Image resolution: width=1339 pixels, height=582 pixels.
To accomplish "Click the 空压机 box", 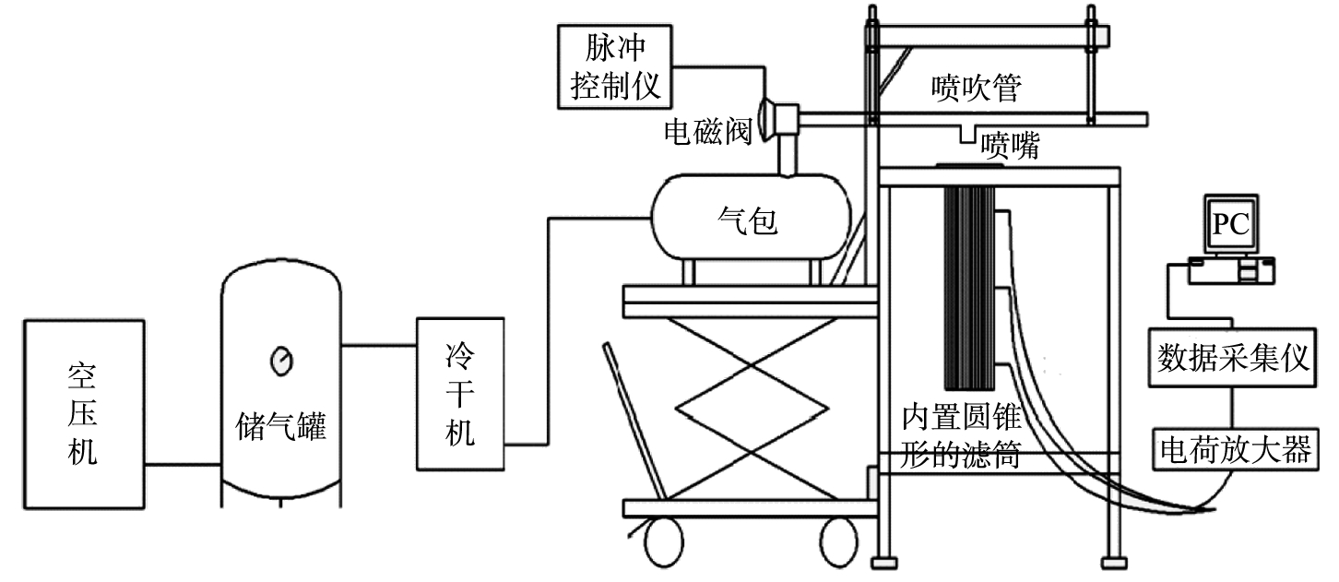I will [84, 413].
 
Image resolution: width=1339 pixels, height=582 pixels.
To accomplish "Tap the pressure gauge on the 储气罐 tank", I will [279, 360].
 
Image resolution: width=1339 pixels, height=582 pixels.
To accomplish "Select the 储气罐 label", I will [280, 427].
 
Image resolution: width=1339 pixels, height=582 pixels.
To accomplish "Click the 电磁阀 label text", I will [707, 131].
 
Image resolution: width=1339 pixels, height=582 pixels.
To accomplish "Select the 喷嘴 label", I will [1009, 145].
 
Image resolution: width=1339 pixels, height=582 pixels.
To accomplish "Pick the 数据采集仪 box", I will [1233, 355].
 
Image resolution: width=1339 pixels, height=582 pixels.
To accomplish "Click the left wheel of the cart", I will [669, 544].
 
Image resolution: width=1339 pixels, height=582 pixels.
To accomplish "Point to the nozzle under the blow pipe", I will [967, 134].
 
